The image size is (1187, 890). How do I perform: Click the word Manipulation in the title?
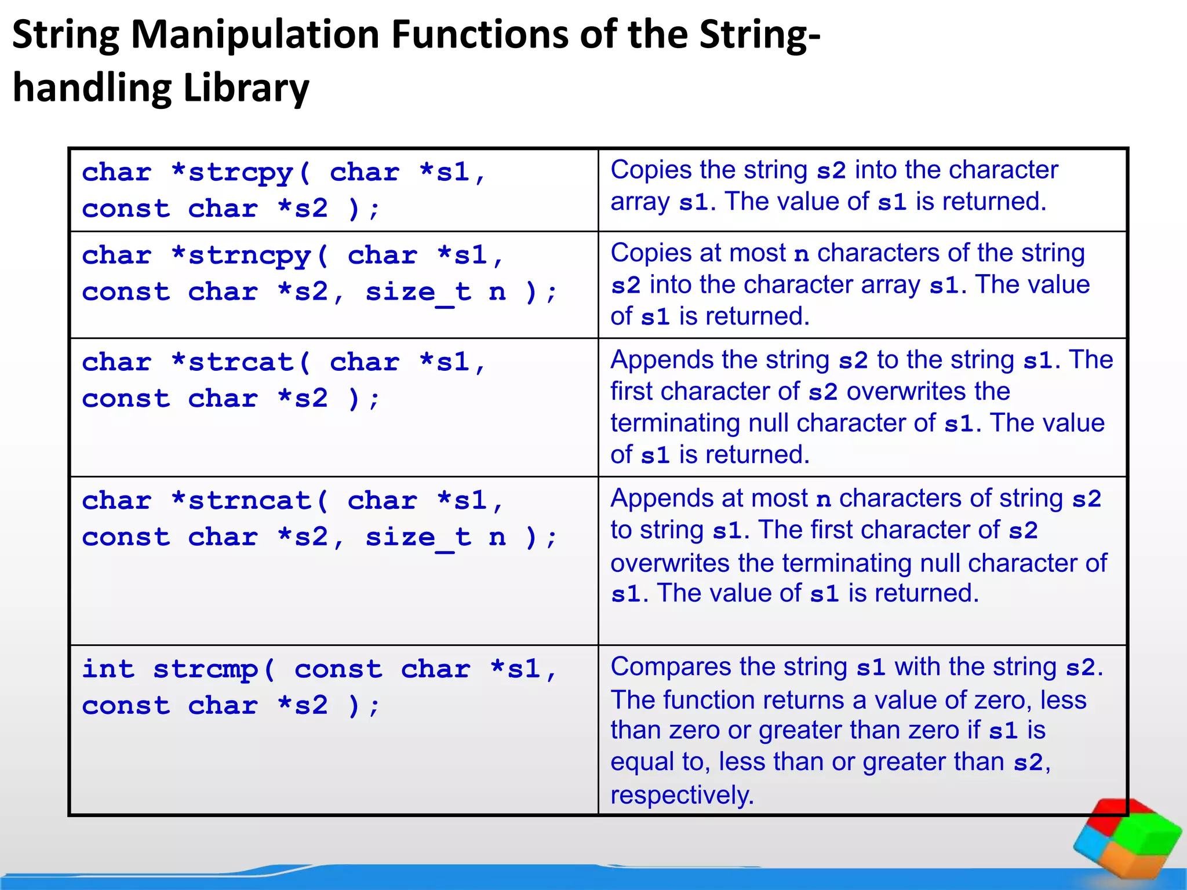256,35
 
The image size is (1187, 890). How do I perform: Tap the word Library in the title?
246,88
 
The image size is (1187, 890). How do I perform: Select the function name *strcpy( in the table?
241,173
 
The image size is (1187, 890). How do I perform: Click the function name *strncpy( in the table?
250,256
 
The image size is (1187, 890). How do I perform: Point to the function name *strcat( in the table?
241,363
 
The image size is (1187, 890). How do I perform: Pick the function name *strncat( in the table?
250,501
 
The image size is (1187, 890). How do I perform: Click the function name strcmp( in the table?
214,669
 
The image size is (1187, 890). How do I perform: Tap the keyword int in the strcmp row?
108,669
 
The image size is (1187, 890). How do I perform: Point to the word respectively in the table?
682,795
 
